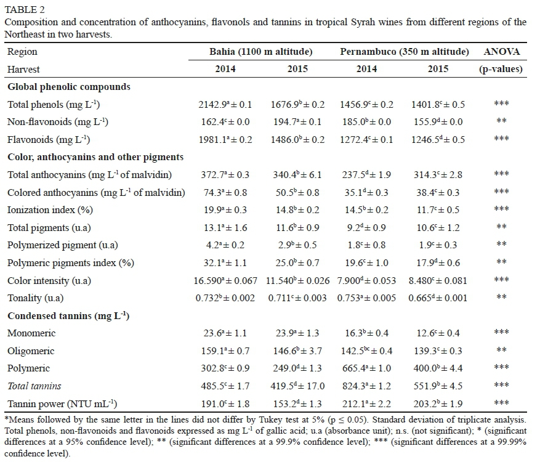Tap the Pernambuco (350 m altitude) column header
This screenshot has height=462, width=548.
(x=405, y=52)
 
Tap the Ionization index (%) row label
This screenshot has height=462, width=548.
(x=49, y=210)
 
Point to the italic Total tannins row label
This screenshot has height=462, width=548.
(x=34, y=386)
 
